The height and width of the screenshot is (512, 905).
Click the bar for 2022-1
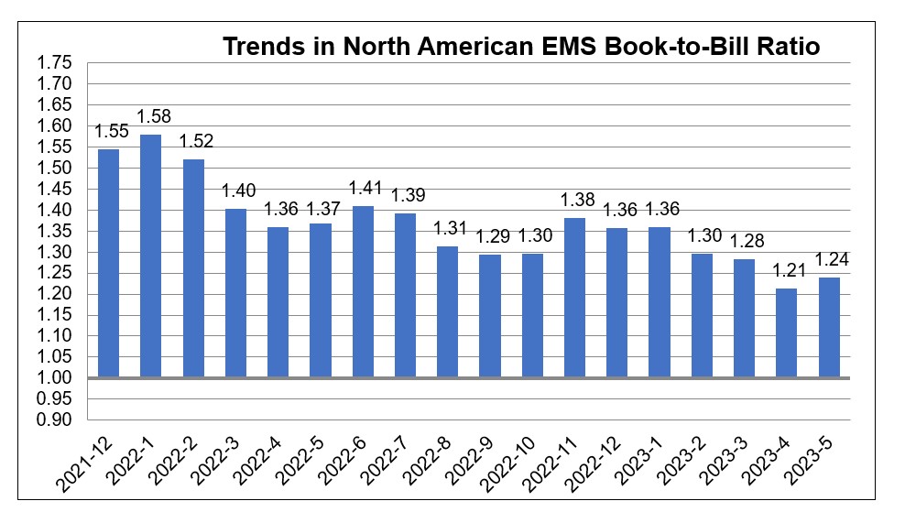point(150,256)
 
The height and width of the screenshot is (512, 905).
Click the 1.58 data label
point(153,116)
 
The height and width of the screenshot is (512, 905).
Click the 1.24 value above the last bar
point(831,259)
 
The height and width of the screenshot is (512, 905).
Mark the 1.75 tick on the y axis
point(53,63)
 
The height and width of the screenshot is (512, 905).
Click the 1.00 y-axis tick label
point(53,378)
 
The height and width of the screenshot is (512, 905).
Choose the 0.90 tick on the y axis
point(53,420)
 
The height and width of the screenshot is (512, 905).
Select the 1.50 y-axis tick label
point(53,169)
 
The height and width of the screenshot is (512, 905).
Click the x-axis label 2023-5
point(815,462)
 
